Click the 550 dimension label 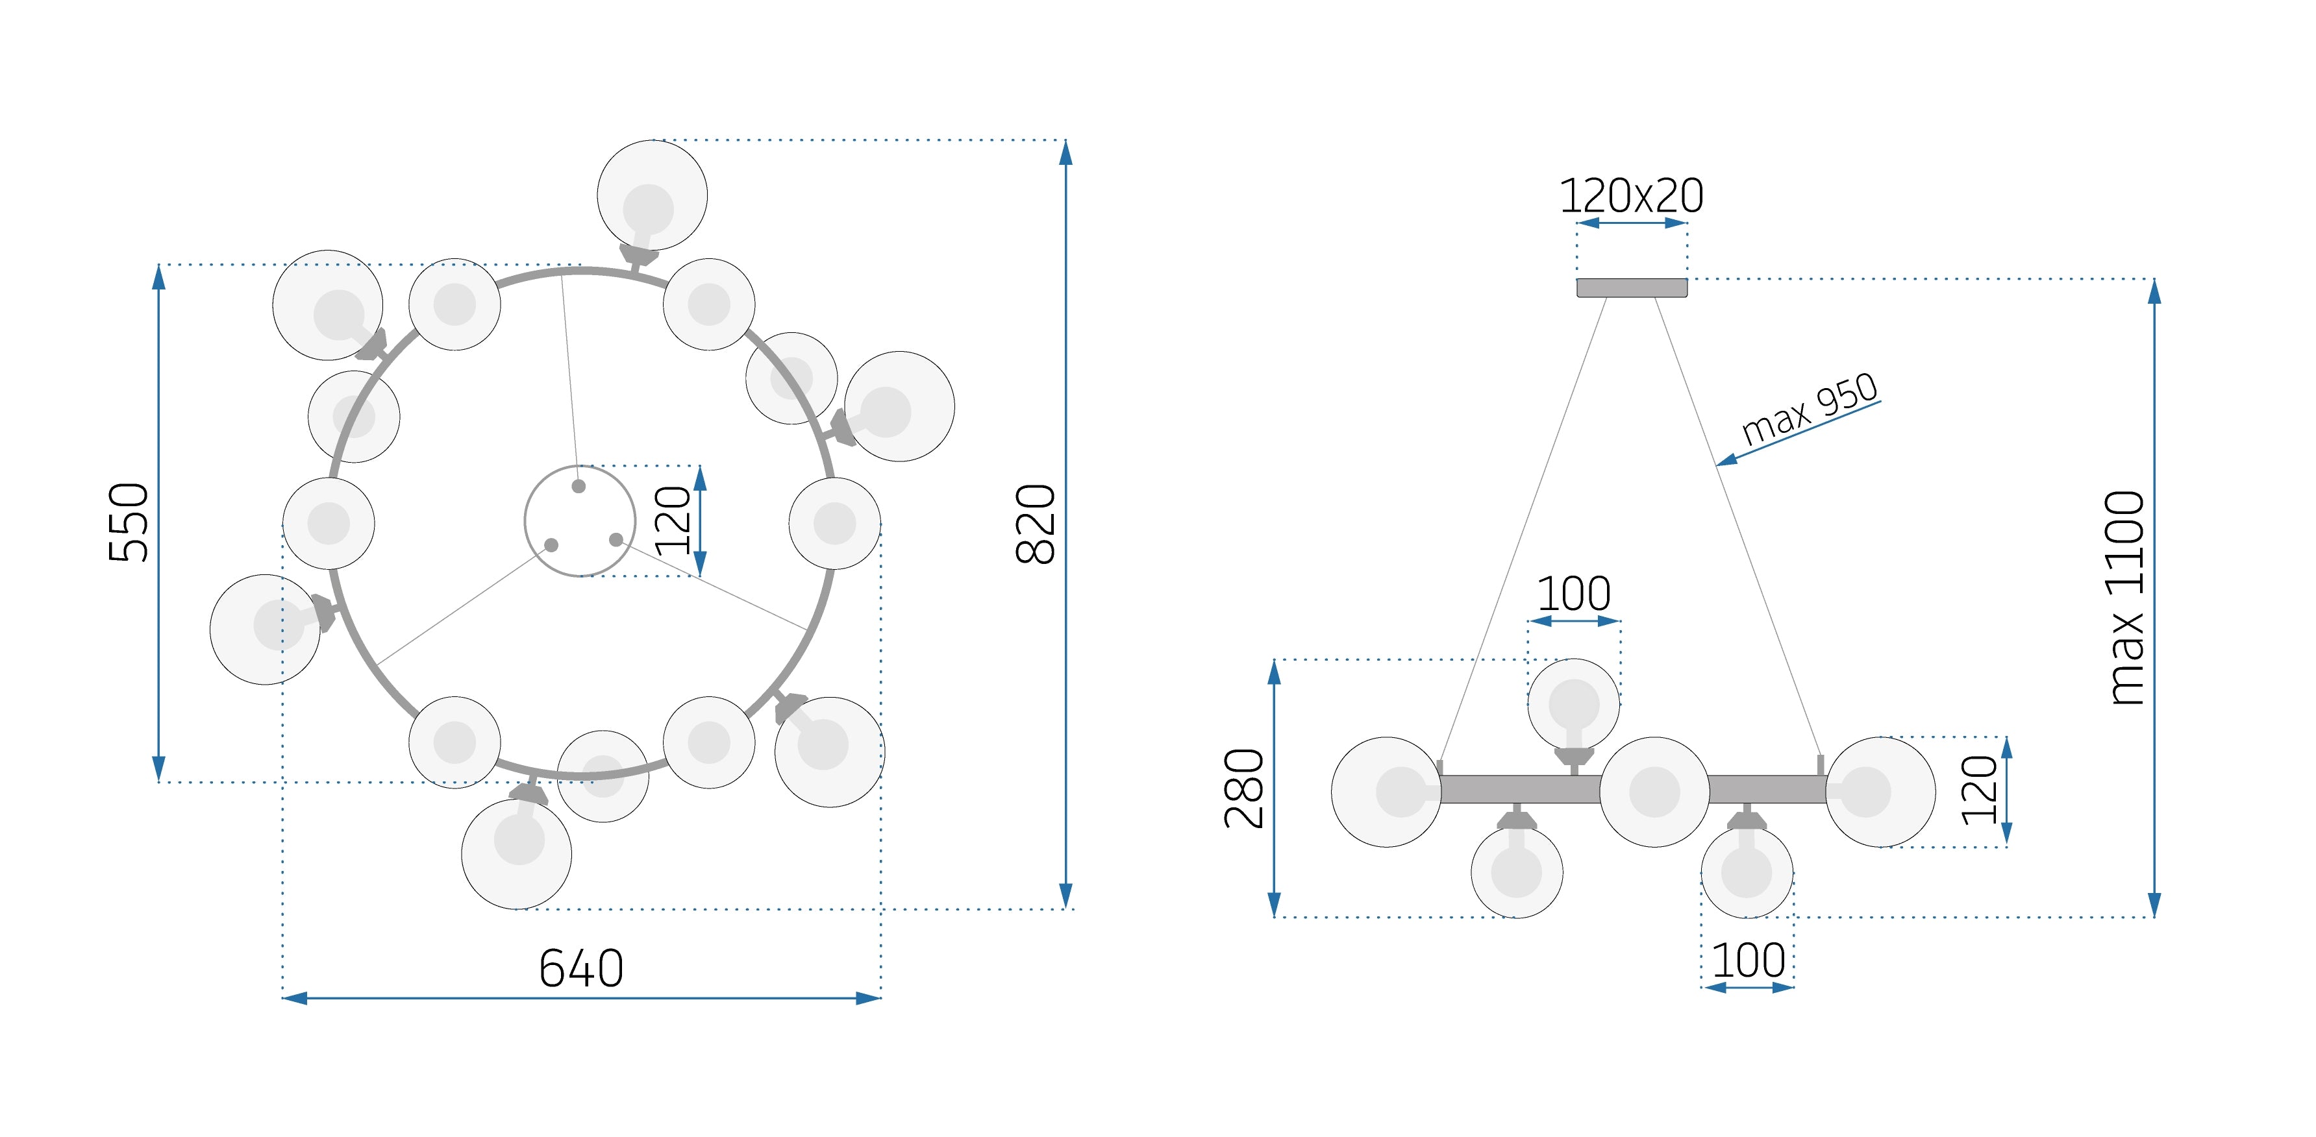click(x=129, y=522)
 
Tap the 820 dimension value click(x=1035, y=524)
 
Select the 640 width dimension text click(x=581, y=968)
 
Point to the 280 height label click(x=1244, y=789)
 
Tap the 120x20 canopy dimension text click(x=1631, y=195)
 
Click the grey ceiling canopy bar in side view click(x=1632, y=287)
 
